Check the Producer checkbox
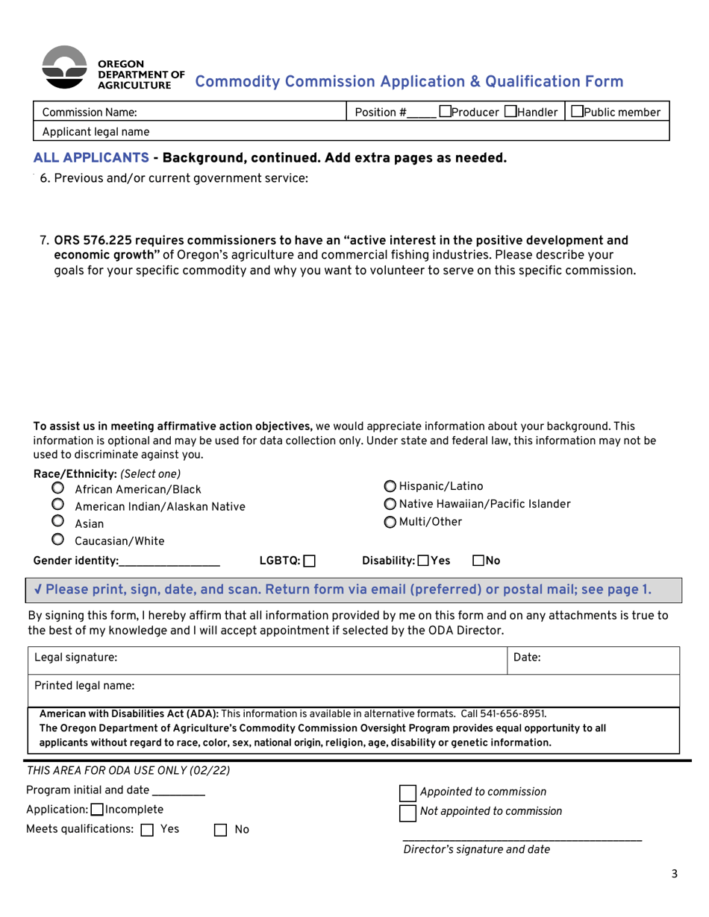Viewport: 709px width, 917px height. coord(445,112)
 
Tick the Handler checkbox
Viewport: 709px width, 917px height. coord(510,112)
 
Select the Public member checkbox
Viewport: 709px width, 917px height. coord(576,112)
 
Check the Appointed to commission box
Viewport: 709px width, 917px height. coord(408,792)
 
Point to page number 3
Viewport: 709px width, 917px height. coord(675,875)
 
